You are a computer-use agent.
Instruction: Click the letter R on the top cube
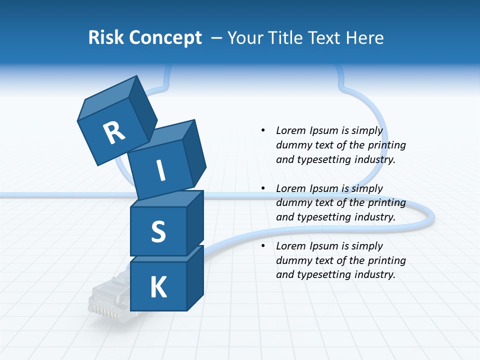114,133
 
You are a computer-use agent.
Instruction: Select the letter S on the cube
158,231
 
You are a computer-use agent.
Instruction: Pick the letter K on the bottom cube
158,287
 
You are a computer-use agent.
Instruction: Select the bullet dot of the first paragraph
263,130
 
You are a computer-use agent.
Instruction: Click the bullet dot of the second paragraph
263,188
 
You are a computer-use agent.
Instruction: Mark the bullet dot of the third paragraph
263,246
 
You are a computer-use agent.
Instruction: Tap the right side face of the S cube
195,222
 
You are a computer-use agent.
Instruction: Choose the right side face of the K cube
195,277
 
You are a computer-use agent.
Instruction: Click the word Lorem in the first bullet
291,130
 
